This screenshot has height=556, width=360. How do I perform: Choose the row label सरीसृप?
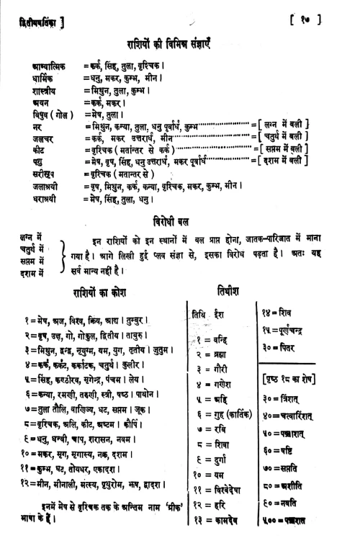click(37, 174)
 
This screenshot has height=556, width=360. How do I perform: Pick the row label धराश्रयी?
click(40, 198)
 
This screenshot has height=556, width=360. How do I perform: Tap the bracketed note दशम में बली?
click(287, 162)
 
